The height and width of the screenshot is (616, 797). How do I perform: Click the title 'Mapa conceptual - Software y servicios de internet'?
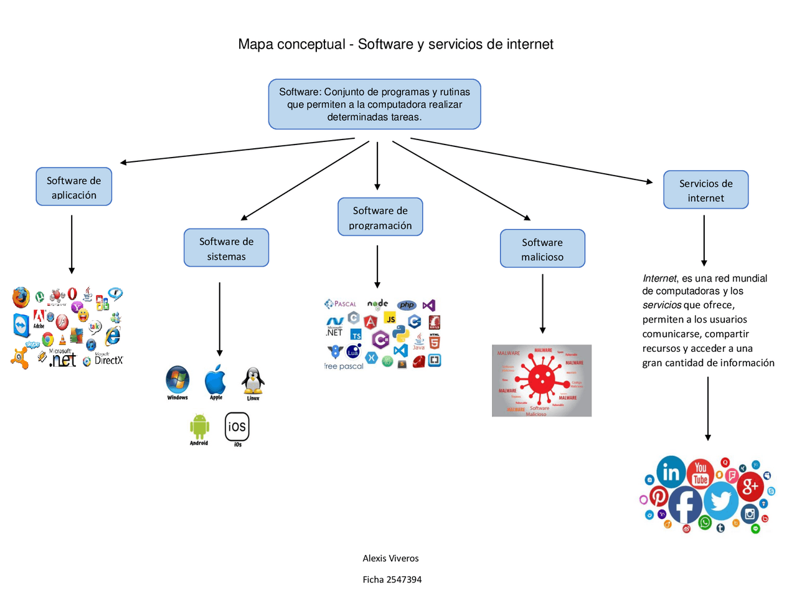pyautogui.click(x=395, y=44)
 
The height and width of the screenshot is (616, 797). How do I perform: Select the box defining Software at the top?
pyautogui.click(x=374, y=104)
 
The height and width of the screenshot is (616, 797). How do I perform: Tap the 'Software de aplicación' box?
pyautogui.click(x=73, y=187)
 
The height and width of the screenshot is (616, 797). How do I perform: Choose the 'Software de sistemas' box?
pyautogui.click(x=226, y=248)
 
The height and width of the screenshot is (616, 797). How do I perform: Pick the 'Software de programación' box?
pyautogui.click(x=380, y=217)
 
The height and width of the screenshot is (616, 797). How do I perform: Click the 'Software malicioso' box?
pyautogui.click(x=542, y=249)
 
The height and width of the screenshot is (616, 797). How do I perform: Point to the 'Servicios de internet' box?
pyautogui.click(x=705, y=190)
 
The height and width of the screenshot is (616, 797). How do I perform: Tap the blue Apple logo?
pyautogui.click(x=215, y=379)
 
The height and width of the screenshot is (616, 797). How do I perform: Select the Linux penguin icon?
pyautogui.click(x=253, y=380)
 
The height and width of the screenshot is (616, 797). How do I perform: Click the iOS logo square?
pyautogui.click(x=237, y=426)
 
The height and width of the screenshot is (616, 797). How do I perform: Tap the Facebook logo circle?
pyautogui.click(x=686, y=505)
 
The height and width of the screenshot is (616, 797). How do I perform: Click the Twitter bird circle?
pyautogui.click(x=722, y=500)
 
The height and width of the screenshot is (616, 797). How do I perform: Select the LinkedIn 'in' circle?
pyautogui.click(x=671, y=472)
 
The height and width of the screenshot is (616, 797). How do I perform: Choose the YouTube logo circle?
pyautogui.click(x=700, y=473)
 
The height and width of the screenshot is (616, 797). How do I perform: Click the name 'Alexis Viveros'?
pyautogui.click(x=390, y=558)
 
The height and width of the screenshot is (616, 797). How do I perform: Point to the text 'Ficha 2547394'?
pyautogui.click(x=392, y=579)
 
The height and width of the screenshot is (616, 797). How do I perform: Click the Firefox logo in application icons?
pyautogui.click(x=21, y=297)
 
